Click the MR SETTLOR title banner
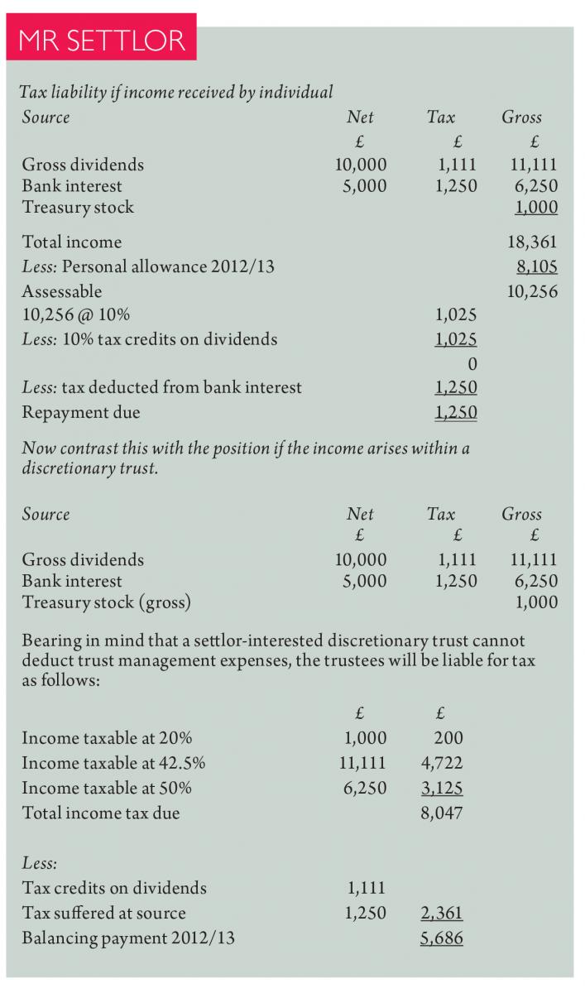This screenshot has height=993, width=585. click(x=102, y=38)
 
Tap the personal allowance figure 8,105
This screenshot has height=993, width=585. click(x=536, y=266)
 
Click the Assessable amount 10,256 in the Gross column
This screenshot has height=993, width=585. click(x=532, y=291)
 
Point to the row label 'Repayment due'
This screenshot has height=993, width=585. click(x=81, y=412)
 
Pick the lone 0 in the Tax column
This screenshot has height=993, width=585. click(x=472, y=363)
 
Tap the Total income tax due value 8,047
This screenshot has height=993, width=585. click(x=442, y=813)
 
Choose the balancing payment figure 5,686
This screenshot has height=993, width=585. click(x=442, y=938)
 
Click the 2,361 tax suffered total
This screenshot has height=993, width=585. click(x=442, y=914)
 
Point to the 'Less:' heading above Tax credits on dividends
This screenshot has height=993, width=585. click(x=40, y=863)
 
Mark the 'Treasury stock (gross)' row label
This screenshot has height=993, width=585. click(x=107, y=602)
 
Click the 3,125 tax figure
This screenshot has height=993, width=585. click(x=442, y=788)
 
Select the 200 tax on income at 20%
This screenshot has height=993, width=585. click(x=448, y=738)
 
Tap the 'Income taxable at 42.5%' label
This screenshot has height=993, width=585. click(x=113, y=763)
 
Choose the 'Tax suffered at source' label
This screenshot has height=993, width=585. click(x=103, y=914)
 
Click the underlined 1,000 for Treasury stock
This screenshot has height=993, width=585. click(x=536, y=208)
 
